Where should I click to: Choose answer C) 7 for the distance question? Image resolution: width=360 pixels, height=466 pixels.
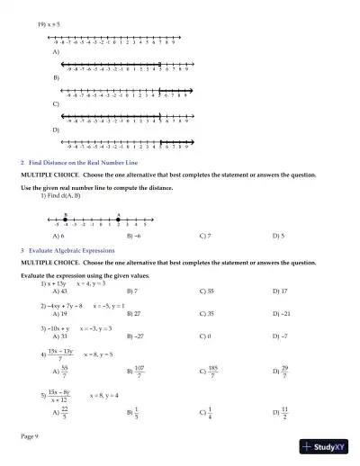[205, 236]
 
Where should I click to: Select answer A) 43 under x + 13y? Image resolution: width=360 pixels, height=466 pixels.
[60, 291]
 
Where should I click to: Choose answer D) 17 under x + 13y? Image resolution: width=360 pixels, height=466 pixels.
[280, 291]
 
